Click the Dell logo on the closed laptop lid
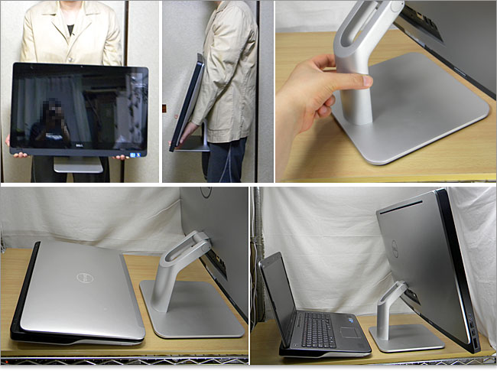85,278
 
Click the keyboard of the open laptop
317,327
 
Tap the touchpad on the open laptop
350,332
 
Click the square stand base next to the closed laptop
191,310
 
